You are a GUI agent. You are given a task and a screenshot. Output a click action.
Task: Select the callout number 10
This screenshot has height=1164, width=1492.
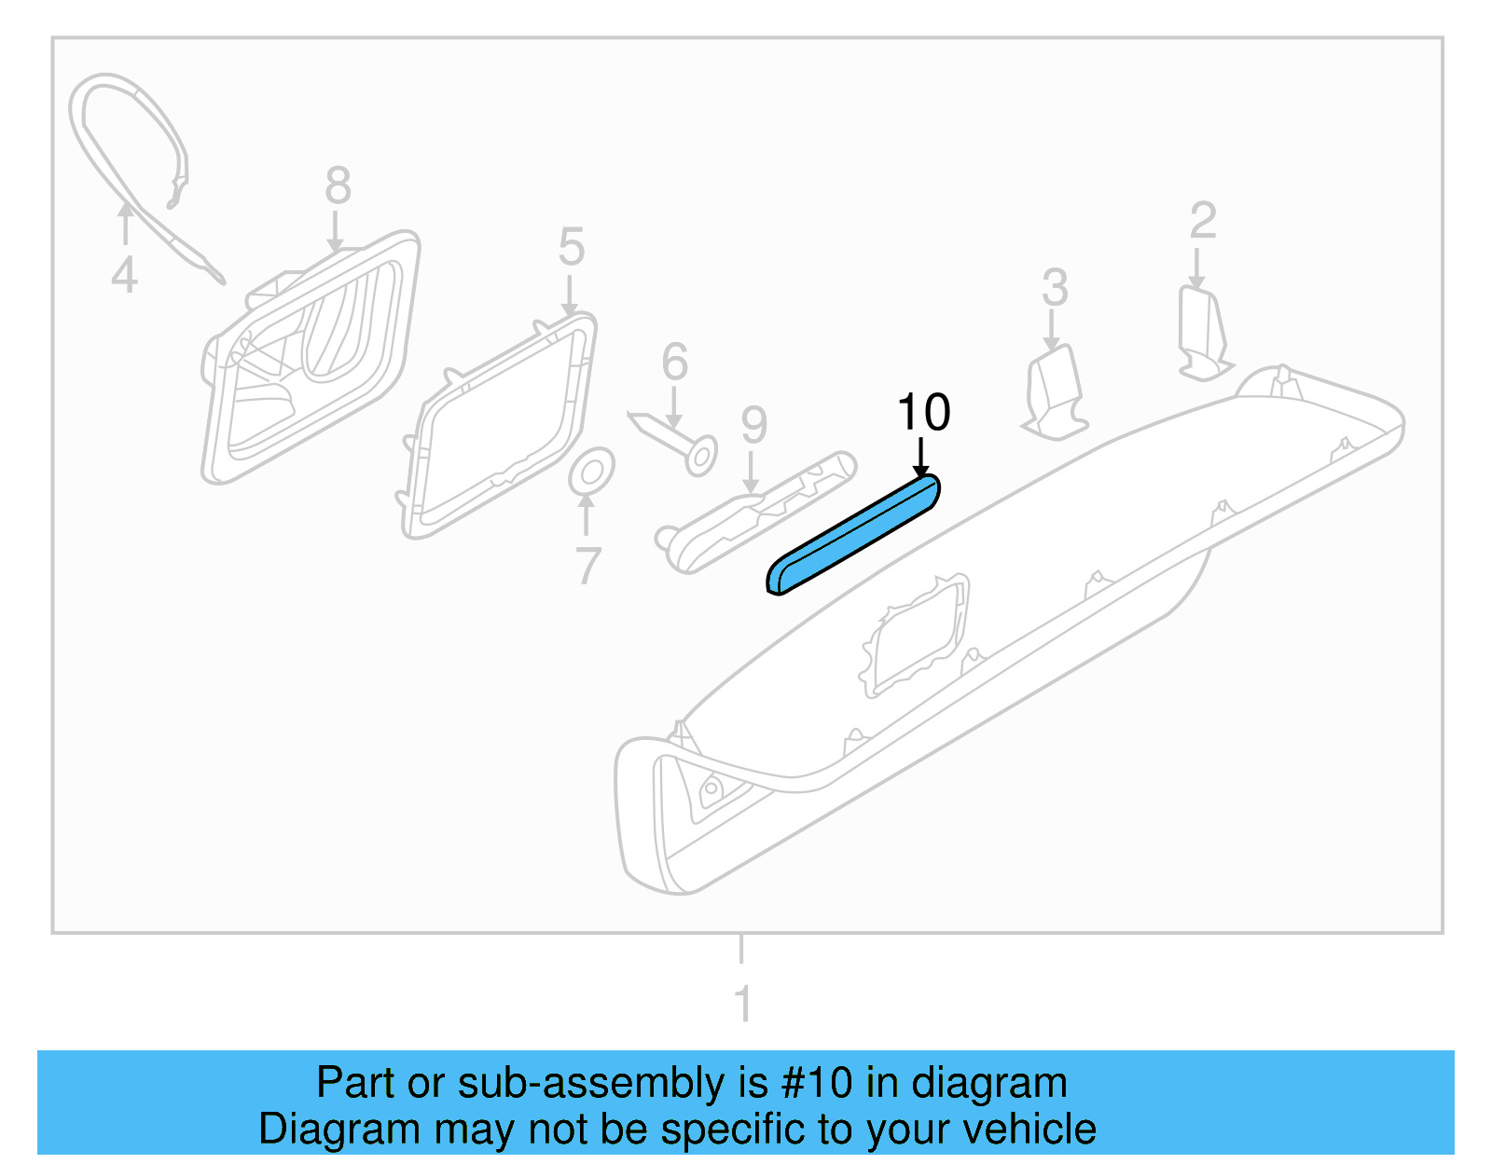(x=923, y=412)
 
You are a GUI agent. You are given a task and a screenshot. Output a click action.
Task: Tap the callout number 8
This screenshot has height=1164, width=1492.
(x=338, y=185)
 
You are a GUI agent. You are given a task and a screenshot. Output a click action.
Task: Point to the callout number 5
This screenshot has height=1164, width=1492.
(x=571, y=248)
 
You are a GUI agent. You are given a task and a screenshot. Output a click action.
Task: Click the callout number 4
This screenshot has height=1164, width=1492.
(x=124, y=276)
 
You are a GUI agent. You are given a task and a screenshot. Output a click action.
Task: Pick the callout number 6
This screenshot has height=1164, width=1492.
(x=674, y=363)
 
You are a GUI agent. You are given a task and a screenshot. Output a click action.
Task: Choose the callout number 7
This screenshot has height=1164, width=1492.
(x=587, y=566)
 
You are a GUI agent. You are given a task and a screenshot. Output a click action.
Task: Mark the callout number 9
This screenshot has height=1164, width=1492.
(x=753, y=426)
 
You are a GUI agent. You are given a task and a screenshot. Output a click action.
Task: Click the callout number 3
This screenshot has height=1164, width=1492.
(x=1055, y=288)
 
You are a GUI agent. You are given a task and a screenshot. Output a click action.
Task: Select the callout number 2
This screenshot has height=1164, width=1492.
(x=1203, y=222)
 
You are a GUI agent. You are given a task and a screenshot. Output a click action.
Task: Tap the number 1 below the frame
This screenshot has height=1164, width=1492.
(x=742, y=1005)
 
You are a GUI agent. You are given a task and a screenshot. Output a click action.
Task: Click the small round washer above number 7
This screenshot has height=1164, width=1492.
(x=591, y=472)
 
